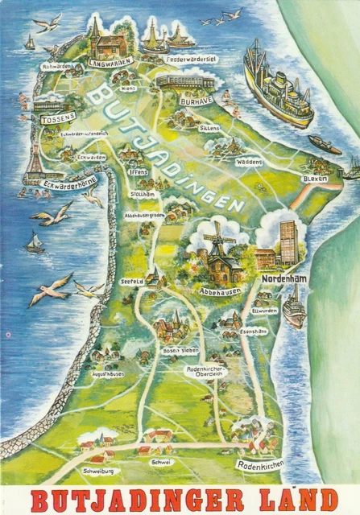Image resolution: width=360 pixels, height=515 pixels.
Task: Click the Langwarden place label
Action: [110, 62]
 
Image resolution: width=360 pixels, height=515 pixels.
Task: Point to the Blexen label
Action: [313, 179]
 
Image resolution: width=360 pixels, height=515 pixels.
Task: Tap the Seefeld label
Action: [133, 281]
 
